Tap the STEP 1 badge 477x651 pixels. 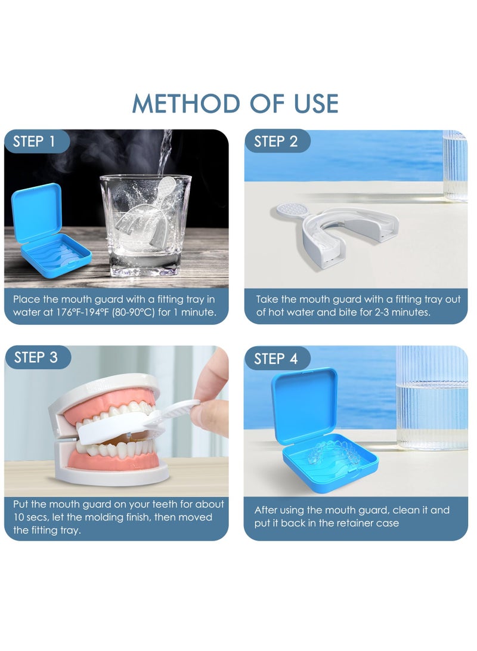tap(33, 142)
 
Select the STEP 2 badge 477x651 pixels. tap(275, 142)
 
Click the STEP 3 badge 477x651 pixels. tap(36, 357)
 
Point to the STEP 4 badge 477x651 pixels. tap(275, 359)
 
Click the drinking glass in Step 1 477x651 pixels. tap(145, 227)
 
